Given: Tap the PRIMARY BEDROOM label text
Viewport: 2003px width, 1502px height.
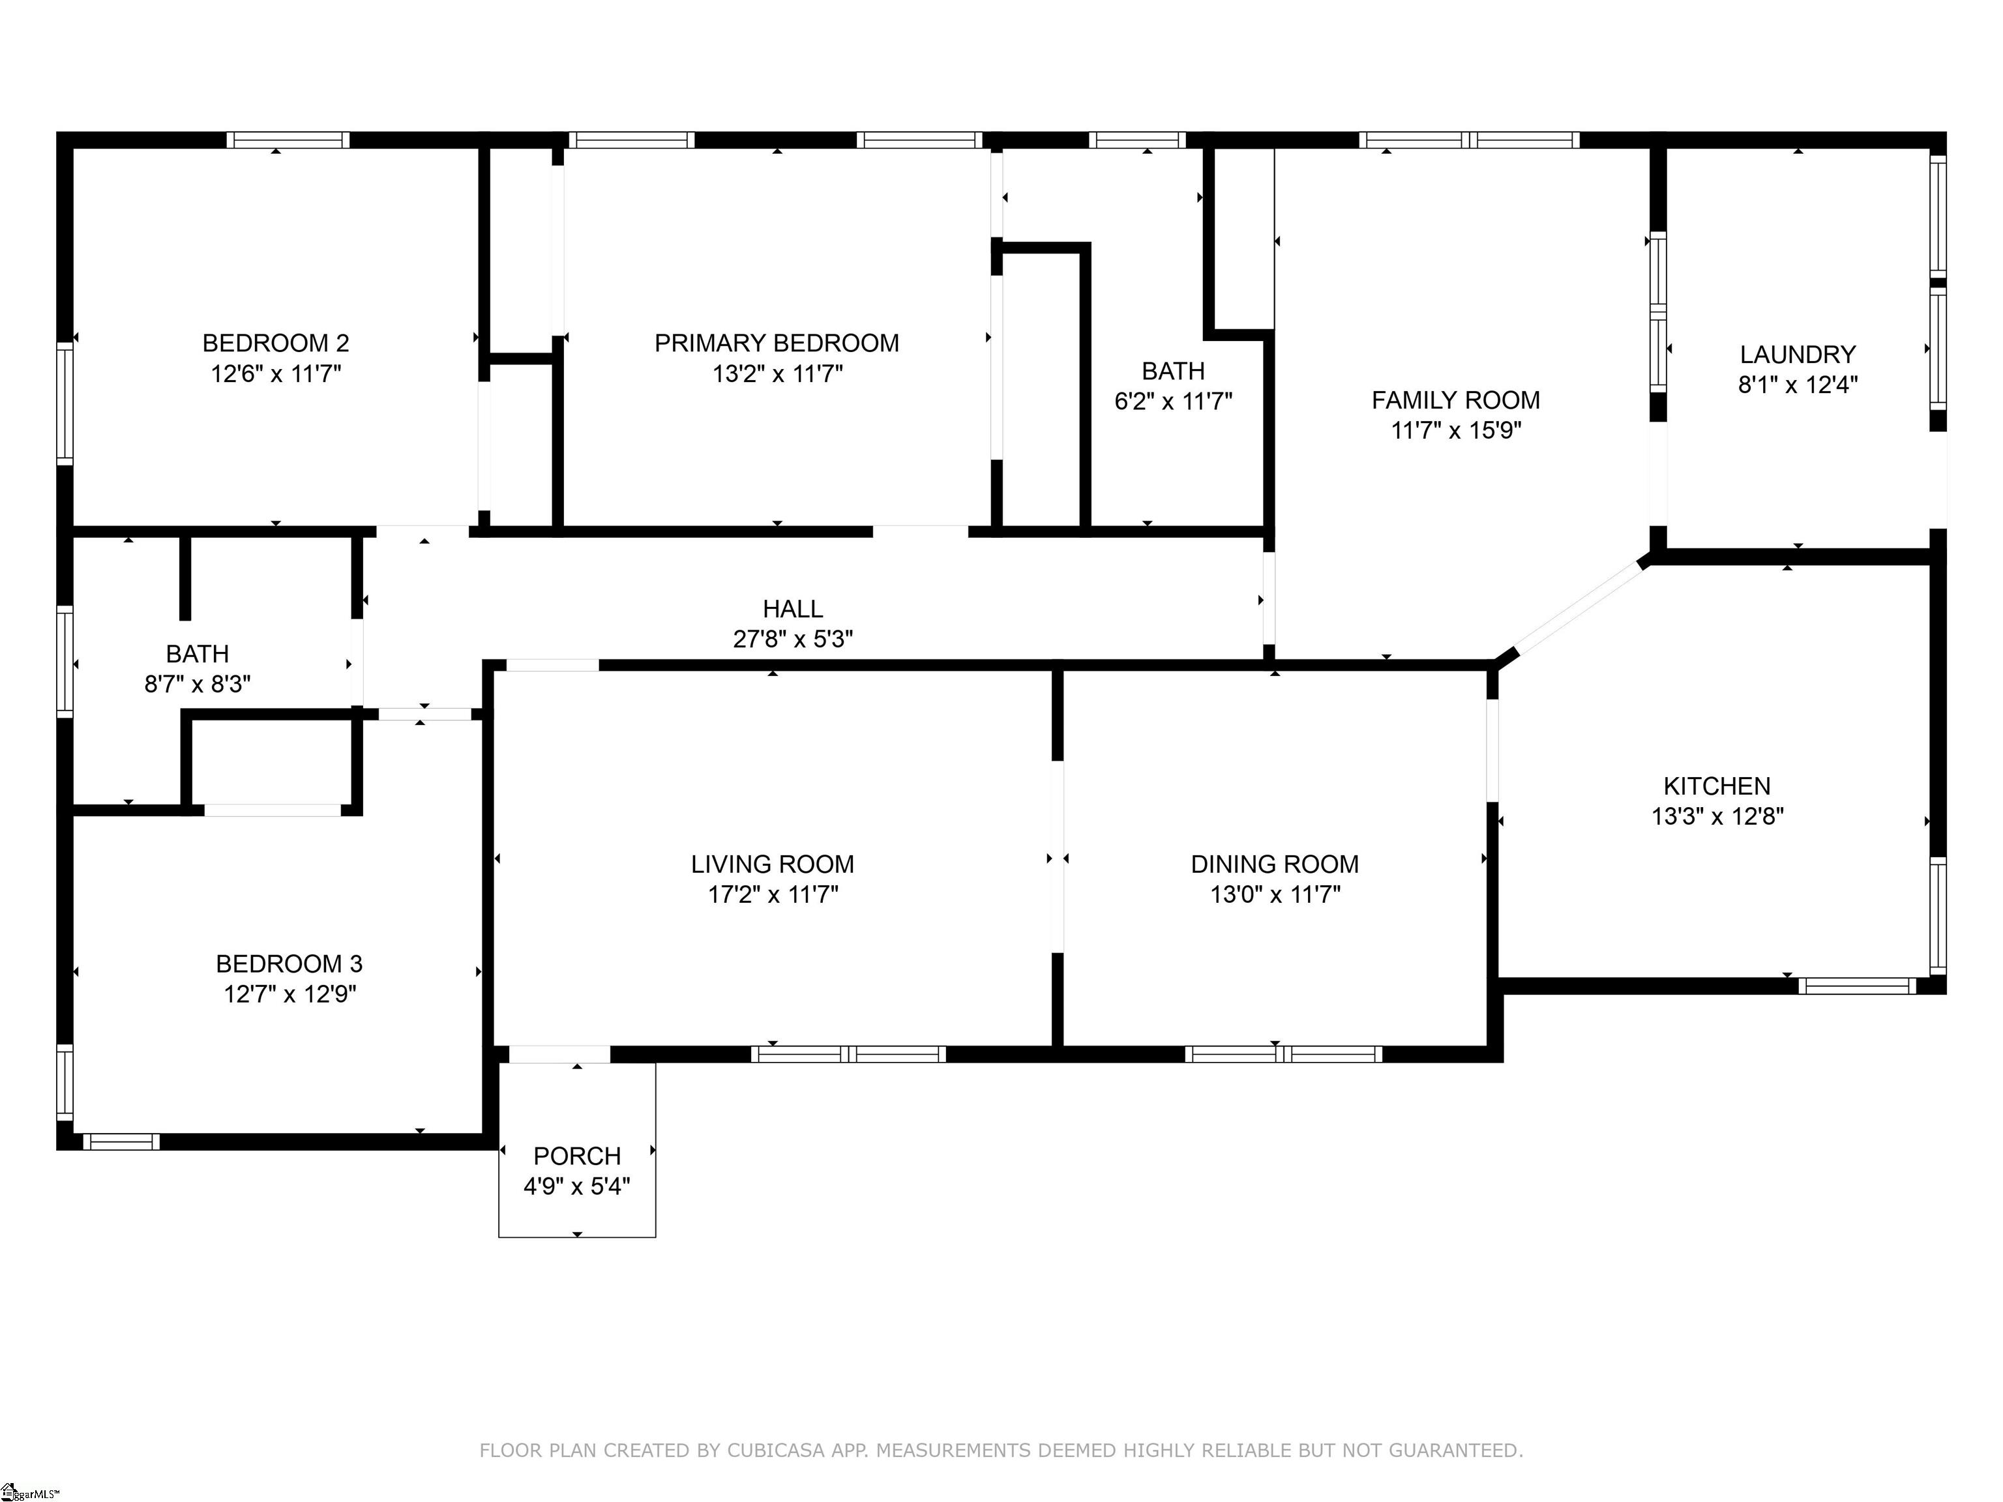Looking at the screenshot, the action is click(x=777, y=343).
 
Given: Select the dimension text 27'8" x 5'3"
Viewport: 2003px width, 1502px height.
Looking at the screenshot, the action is click(x=794, y=639).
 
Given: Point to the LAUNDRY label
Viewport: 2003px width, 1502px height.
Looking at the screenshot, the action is click(x=1798, y=354).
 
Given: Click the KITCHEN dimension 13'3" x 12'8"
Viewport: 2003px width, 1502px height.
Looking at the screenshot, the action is click(x=1717, y=816).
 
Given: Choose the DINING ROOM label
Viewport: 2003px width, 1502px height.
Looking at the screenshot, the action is click(x=1275, y=864).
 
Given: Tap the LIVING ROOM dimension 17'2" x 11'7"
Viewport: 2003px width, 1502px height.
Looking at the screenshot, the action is click(x=773, y=894).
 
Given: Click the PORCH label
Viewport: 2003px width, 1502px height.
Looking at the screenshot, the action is click(x=577, y=1156).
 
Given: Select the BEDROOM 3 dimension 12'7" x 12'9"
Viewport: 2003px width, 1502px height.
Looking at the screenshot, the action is click(x=289, y=994).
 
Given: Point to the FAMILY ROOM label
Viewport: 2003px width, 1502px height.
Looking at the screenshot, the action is click(x=1455, y=400).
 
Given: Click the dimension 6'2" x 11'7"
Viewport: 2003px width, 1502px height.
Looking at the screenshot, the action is click(x=1174, y=401).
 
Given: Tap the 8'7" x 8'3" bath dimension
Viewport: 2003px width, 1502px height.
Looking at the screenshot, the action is click(x=198, y=684).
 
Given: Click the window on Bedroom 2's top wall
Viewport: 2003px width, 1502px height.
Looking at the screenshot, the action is click(x=288, y=140).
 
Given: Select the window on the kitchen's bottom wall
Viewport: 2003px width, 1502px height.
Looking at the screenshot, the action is click(x=1856, y=986).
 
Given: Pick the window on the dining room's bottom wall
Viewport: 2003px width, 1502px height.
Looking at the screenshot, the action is click(x=1283, y=1054).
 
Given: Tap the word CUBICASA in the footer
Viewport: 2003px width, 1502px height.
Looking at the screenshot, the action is click(x=776, y=1450).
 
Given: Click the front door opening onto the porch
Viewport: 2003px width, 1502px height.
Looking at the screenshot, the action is click(x=559, y=1054).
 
